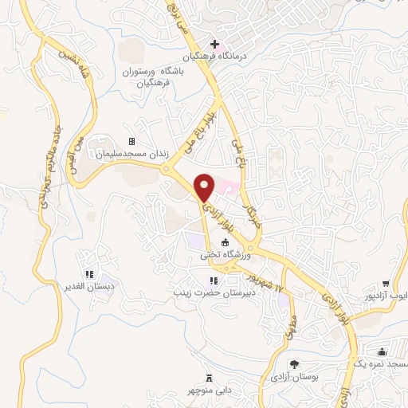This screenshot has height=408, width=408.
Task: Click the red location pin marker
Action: pos(205,187)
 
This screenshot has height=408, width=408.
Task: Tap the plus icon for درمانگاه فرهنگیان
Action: pos(214,44)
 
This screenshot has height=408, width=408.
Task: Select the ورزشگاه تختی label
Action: pos(226,256)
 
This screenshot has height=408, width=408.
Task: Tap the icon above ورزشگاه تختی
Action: pos(226,243)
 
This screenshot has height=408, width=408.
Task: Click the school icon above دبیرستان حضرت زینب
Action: pos(213,280)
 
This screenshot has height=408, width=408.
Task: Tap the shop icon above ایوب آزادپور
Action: pos(386,283)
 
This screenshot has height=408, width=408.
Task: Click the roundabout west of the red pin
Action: pos(167,169)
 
